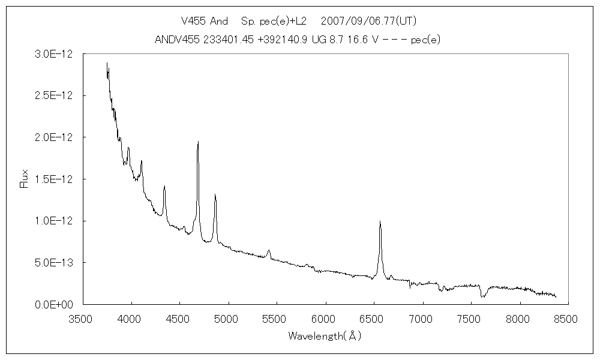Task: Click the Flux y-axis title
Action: [25, 179]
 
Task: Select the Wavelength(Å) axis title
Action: [325, 336]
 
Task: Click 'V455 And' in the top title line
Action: [204, 21]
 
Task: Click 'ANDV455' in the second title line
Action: [175, 40]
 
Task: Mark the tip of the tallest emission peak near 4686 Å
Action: [198, 142]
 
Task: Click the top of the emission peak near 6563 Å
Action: [380, 221]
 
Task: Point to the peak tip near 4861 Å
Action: [215, 194]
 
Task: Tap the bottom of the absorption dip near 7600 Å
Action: [482, 297]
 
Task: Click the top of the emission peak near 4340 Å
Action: [164, 187]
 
